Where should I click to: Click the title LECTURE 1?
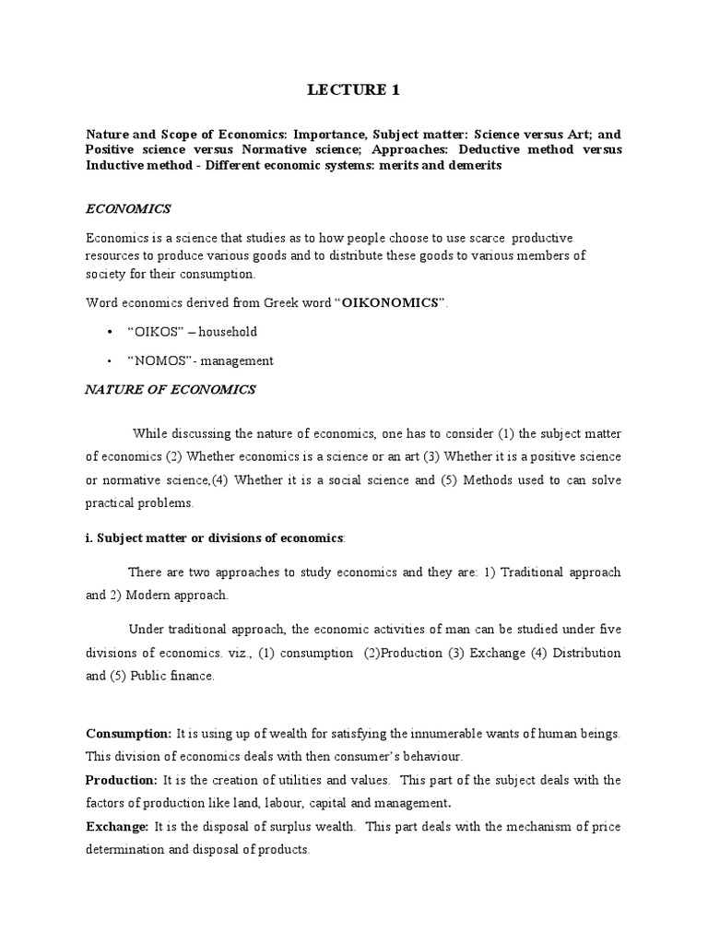[353, 89]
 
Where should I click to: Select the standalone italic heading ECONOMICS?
[128, 209]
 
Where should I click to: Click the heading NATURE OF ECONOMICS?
[171, 390]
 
